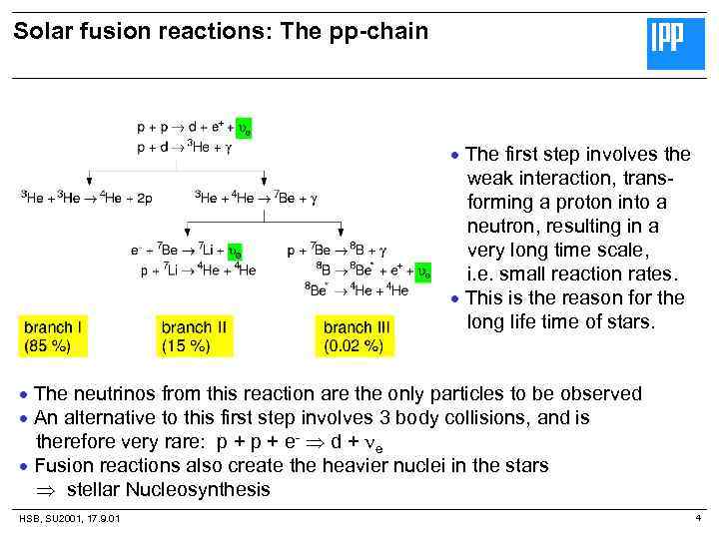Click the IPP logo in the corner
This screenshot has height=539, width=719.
tap(675, 44)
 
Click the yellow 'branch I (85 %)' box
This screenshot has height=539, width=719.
tap(54, 336)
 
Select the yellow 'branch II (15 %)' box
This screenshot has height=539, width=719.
tap(193, 336)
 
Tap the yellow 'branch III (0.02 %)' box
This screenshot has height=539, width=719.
tap(355, 336)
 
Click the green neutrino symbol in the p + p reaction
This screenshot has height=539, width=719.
tap(243, 129)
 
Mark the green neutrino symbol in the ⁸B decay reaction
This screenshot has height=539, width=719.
tap(423, 270)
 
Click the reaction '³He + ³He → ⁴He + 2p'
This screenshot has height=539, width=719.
tap(86, 198)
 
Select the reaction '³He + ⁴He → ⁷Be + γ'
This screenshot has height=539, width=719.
tap(258, 198)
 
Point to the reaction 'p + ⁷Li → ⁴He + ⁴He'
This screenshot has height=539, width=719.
tap(198, 269)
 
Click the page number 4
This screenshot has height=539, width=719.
tap(698, 517)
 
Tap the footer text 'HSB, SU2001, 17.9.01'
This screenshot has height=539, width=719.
tap(70, 518)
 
